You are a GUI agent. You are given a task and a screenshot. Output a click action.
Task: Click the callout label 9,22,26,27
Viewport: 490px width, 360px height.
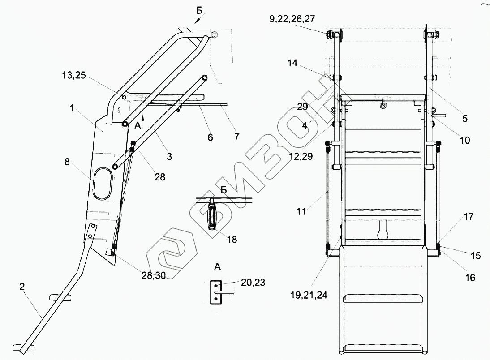292,19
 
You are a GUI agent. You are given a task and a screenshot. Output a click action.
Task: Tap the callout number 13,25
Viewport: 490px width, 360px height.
74,75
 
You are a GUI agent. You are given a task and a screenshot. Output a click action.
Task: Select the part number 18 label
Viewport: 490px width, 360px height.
232,240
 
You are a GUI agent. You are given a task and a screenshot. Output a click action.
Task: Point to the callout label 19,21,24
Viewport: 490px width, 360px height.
309,295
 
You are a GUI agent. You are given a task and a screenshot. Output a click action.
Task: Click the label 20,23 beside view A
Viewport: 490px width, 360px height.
253,283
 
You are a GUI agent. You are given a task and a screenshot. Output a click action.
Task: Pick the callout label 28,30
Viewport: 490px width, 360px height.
154,276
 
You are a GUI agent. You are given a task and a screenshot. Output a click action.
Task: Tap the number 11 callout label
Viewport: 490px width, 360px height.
301,211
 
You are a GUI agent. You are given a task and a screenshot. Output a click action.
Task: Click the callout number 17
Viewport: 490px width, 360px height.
469,217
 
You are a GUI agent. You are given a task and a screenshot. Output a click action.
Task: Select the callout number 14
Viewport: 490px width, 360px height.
292,63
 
